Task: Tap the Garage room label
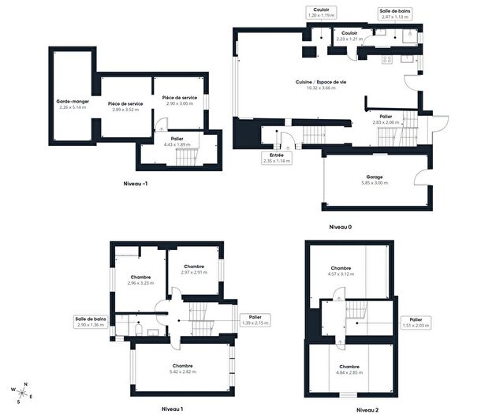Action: tap(375, 180)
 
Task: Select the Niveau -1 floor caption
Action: tap(136, 184)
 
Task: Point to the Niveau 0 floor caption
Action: tap(340, 226)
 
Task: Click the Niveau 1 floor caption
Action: tap(172, 409)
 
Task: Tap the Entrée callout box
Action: tap(277, 158)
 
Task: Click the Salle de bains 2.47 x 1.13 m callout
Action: tap(396, 13)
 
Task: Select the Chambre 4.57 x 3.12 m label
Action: tap(341, 271)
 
